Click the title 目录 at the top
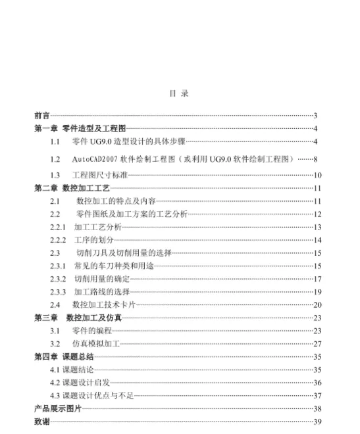click(x=180, y=94)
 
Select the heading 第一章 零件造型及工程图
click(x=80, y=129)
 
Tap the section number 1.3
click(x=55, y=175)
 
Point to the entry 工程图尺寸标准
click(x=99, y=175)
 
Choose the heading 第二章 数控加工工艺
click(x=72, y=188)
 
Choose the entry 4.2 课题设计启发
click(x=80, y=382)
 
